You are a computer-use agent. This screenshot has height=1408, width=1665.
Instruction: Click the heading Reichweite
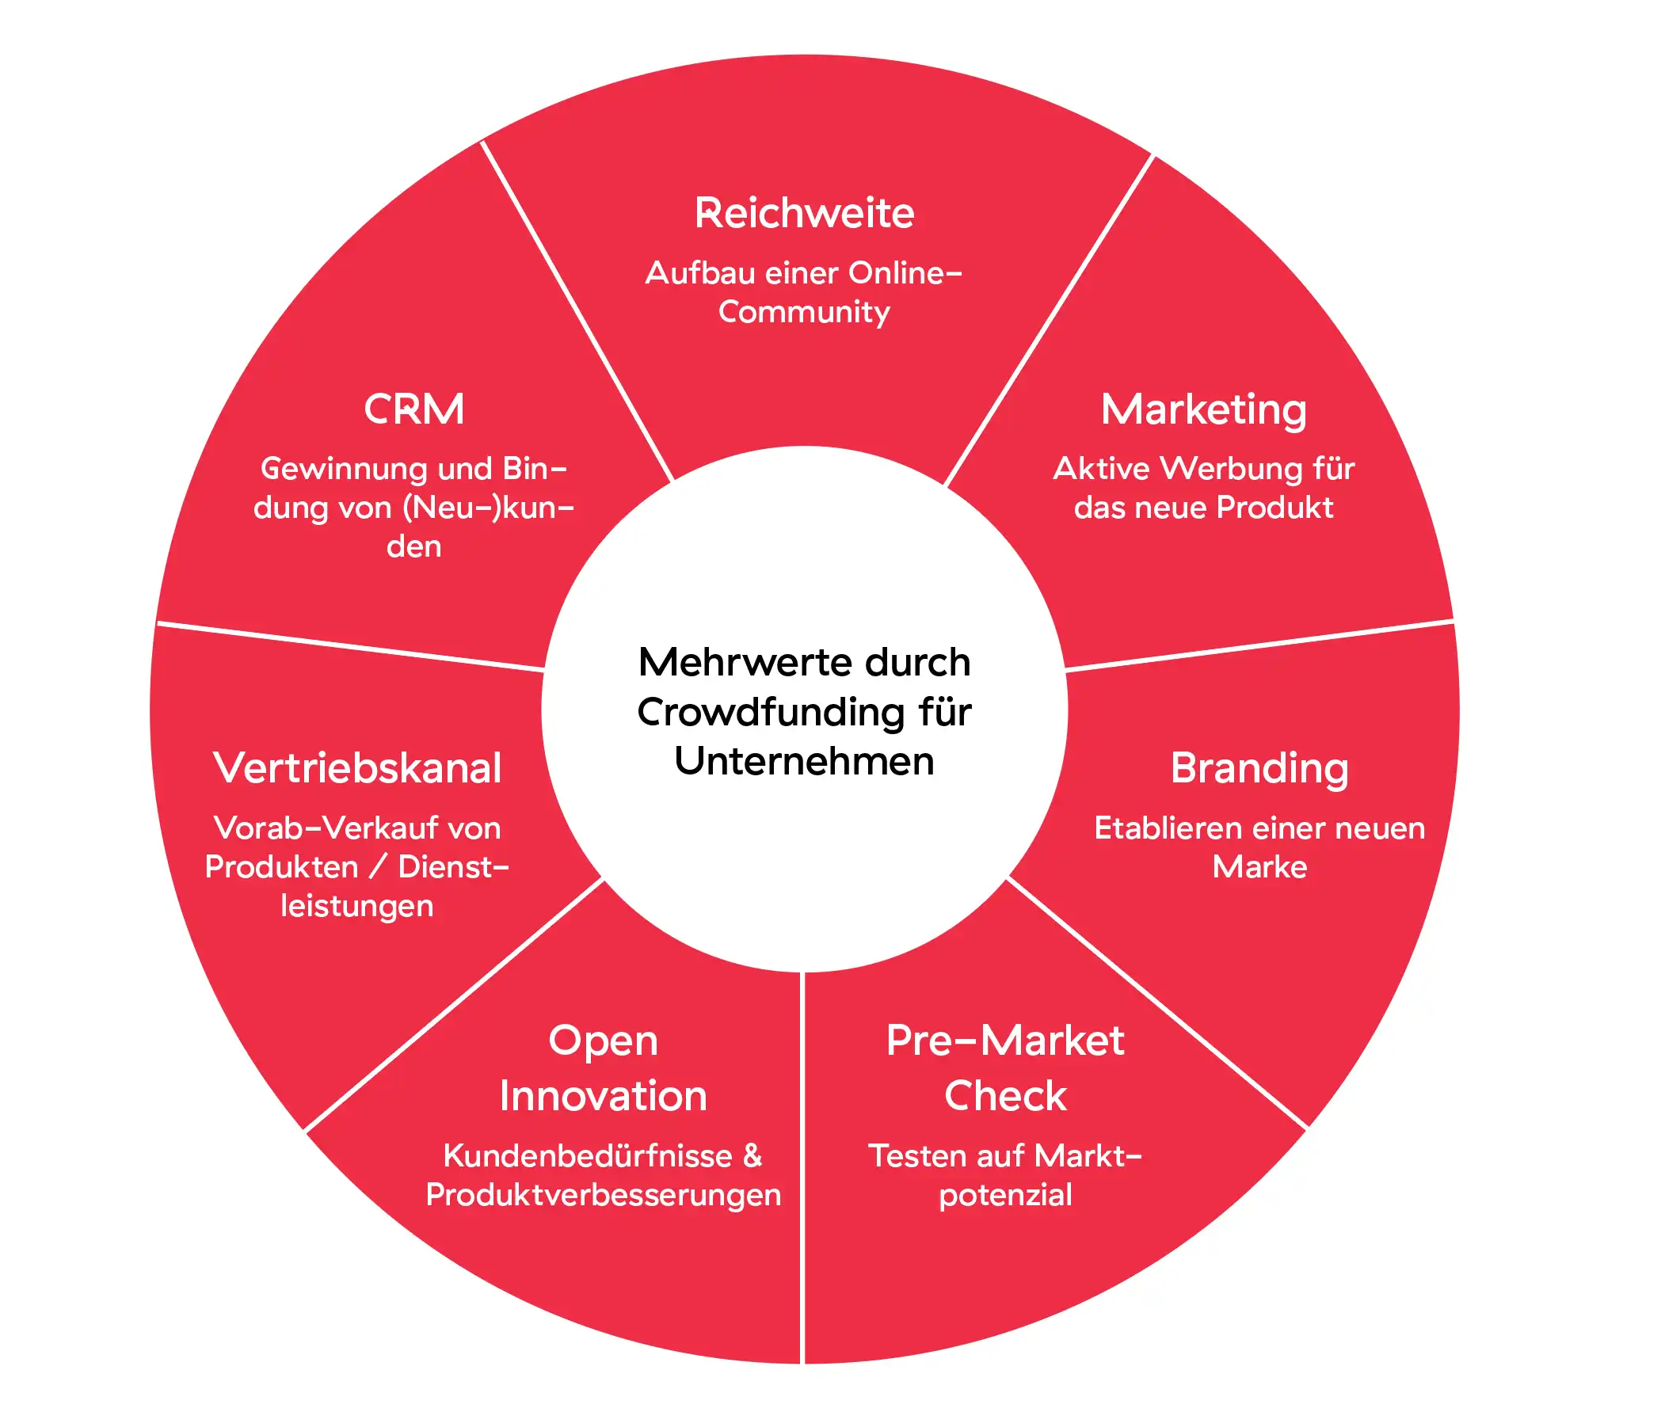pos(804,213)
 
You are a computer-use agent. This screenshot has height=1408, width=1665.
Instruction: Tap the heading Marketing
pos(1203,409)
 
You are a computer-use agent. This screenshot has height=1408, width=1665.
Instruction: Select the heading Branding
pos(1259,768)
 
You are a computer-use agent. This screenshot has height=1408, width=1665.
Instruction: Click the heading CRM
pos(413,409)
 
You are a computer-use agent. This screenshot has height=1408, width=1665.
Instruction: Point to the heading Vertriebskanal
pos(356,768)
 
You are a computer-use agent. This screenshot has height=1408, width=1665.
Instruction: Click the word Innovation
pos(603,1096)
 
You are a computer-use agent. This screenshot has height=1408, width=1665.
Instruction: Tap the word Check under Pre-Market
pos(1005,1096)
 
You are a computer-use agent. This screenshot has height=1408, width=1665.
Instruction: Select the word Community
pos(804,312)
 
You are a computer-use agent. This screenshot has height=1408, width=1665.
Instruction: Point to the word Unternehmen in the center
pos(804,761)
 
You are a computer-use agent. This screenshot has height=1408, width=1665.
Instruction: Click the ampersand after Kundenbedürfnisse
pos(752,1155)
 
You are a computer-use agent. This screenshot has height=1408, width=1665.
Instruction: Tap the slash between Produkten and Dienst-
pos(379,868)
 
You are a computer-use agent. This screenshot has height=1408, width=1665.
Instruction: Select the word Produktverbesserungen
pos(603,1195)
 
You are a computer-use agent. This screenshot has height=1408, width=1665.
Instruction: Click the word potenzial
pos(1005,1195)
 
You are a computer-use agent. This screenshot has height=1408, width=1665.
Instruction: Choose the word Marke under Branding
pos(1259,868)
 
